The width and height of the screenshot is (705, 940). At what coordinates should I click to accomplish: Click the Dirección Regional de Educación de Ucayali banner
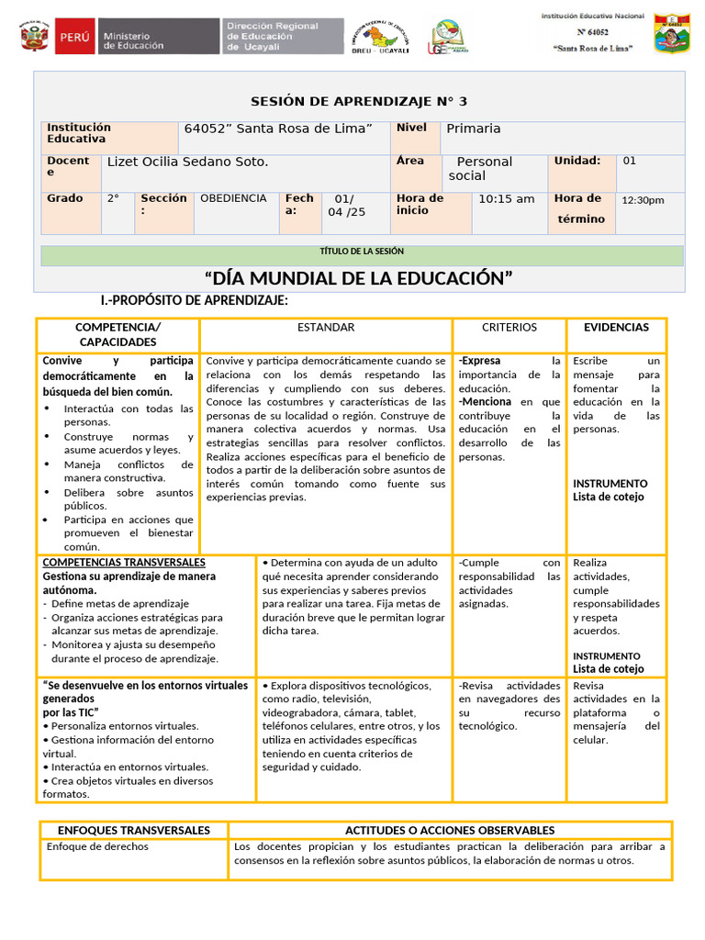point(283,36)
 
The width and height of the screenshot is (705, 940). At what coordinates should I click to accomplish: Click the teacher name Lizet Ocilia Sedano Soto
point(188,162)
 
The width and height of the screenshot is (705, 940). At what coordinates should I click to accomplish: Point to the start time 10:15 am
point(507,199)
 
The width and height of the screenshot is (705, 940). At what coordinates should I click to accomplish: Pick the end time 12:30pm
point(643,200)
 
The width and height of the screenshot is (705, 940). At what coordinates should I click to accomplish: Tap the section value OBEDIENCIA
point(233,198)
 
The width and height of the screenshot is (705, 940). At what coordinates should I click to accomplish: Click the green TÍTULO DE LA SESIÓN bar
point(362,252)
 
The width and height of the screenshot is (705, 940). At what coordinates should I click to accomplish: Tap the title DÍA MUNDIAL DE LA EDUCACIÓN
point(358,278)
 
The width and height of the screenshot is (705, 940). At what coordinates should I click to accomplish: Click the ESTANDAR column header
point(326,328)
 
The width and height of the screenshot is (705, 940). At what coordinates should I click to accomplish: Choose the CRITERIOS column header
point(509,328)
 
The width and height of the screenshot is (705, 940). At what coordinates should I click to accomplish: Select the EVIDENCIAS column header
point(616,328)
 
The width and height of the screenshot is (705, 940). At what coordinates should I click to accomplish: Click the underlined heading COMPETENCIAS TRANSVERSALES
point(124,562)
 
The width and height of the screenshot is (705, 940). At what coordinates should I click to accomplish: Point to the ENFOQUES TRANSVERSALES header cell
point(134,830)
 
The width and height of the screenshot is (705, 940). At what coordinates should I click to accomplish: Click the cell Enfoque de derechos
point(97,846)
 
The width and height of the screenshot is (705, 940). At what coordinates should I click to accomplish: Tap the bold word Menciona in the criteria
point(487,402)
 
